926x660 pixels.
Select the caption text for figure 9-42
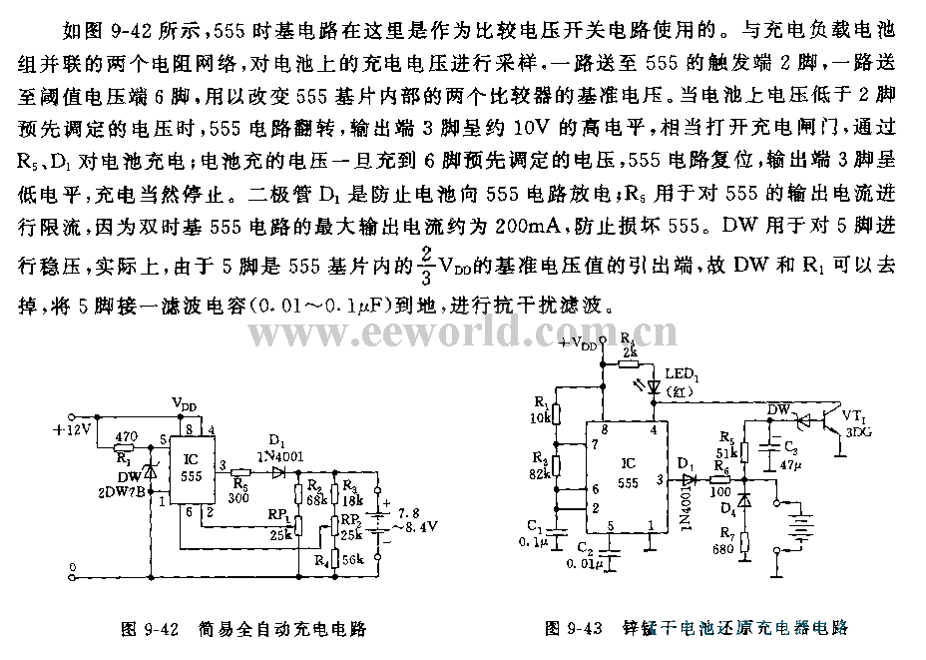243,628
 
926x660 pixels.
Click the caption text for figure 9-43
696,628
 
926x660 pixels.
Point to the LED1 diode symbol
655,383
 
